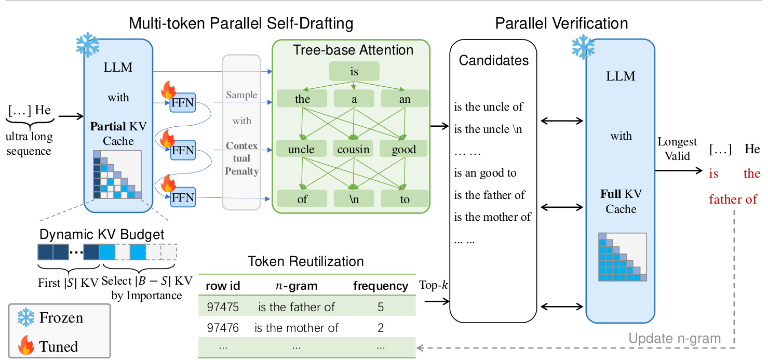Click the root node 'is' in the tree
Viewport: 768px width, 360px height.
point(354,72)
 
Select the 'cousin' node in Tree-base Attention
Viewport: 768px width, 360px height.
point(353,150)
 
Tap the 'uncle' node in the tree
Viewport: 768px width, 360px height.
point(302,150)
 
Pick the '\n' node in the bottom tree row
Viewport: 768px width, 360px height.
point(353,199)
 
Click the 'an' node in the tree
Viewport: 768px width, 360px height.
point(405,99)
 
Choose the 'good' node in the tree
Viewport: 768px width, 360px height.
point(404,150)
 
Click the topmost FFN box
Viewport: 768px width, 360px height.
point(182,103)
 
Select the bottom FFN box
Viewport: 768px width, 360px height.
point(182,197)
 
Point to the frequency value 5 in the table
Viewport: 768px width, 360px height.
point(381,307)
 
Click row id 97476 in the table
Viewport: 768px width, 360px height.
point(223,328)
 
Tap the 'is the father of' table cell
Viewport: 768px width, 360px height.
point(297,307)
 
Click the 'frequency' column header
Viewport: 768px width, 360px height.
point(381,286)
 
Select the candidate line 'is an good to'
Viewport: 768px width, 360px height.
point(486,173)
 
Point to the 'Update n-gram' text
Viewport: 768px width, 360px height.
point(675,339)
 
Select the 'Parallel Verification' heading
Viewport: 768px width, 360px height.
point(561,23)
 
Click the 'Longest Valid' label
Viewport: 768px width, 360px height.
point(677,149)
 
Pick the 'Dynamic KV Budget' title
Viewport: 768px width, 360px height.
point(102,234)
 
